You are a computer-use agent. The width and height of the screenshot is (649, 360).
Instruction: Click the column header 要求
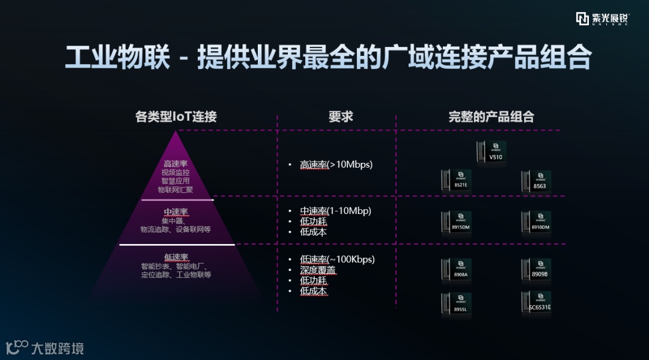[341, 117]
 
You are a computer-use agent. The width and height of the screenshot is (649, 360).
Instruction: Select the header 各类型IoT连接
[176, 117]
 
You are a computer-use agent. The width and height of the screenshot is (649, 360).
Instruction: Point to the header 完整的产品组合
[491, 117]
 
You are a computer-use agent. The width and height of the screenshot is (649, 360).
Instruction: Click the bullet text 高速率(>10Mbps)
[337, 165]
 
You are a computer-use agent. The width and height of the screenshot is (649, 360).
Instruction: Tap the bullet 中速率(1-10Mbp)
[335, 211]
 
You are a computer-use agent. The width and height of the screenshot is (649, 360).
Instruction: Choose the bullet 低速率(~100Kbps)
[337, 260]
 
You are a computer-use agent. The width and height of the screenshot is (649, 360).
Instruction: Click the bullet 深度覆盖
[318, 270]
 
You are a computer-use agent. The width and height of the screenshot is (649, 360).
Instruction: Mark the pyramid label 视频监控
[176, 172]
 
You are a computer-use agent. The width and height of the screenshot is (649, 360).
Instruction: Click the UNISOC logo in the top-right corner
[602, 19]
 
